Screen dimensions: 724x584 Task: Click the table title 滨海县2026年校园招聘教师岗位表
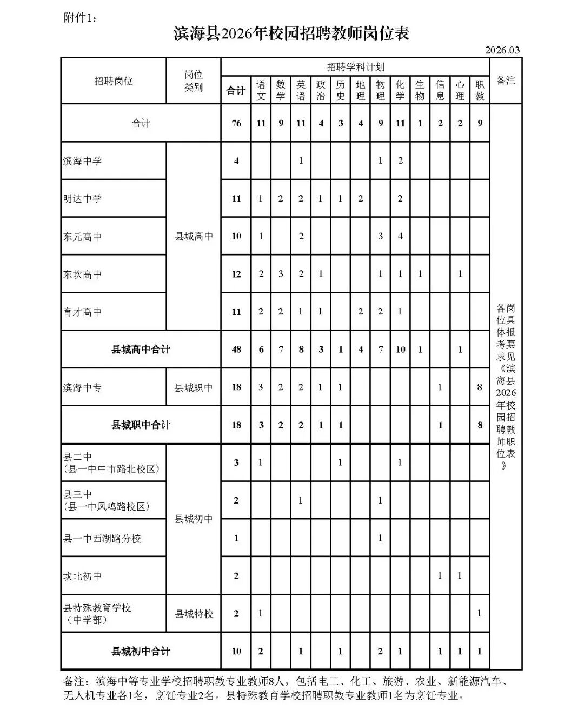(x=291, y=33)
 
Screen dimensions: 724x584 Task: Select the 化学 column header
(x=400, y=90)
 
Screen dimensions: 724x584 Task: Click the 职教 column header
(x=480, y=90)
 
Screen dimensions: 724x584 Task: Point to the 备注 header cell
(x=506, y=81)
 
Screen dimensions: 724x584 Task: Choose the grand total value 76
(x=236, y=123)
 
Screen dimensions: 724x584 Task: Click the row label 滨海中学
(x=83, y=161)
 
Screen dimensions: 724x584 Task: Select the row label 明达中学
(x=83, y=198)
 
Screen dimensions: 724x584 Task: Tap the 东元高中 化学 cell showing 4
(x=400, y=236)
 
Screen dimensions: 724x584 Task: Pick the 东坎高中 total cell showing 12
(x=236, y=274)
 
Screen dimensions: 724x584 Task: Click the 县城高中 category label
(x=194, y=236)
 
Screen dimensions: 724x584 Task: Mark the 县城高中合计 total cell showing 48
(x=236, y=350)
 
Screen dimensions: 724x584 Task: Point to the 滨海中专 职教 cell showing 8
(x=480, y=387)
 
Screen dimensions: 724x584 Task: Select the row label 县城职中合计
(x=141, y=425)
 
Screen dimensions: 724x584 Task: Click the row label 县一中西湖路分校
(x=102, y=538)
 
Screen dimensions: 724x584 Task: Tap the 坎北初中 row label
(x=83, y=576)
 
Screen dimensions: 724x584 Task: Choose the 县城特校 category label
(x=194, y=614)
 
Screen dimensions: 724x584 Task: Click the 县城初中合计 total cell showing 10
(x=236, y=651)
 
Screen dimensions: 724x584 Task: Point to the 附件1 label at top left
(x=79, y=18)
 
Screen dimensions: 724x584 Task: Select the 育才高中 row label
(x=83, y=312)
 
